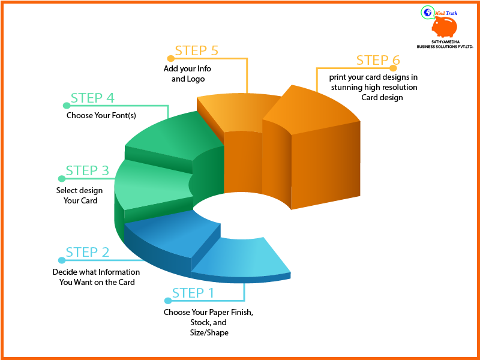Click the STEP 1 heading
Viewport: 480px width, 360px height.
[193, 293]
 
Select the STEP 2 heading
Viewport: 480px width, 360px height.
[88, 252]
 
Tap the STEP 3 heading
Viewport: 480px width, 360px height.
[88, 170]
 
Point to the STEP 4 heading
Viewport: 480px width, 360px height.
[92, 98]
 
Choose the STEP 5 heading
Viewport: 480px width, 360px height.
[196, 50]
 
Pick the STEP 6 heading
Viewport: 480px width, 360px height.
[377, 60]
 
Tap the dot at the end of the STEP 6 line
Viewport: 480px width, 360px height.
[394, 68]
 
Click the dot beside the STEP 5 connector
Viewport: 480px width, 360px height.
[170, 59]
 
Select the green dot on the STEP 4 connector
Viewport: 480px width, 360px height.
[61, 106]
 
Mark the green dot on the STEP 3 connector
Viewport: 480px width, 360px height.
[61, 179]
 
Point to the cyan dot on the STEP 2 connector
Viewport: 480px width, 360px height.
[61, 260]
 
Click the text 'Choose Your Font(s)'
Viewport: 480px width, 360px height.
[101, 115]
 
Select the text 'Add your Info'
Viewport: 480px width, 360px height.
[187, 68]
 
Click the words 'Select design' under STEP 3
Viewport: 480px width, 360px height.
[79, 190]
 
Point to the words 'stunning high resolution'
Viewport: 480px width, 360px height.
[374, 87]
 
